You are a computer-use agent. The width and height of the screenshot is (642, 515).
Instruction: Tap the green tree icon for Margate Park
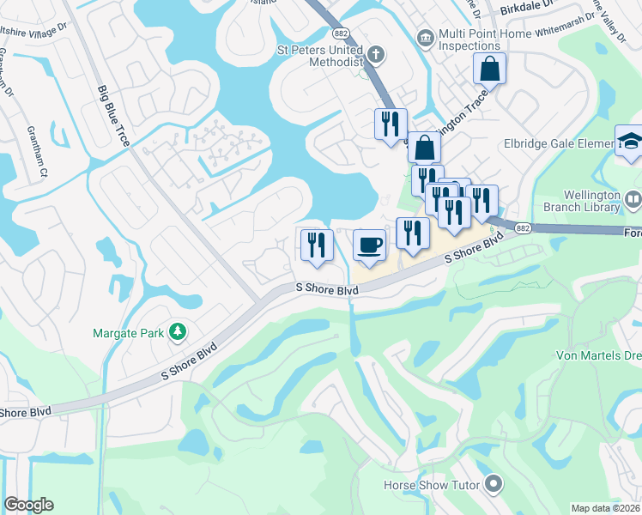coord(177,330)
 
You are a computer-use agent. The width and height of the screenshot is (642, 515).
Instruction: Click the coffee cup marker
coord(368,246)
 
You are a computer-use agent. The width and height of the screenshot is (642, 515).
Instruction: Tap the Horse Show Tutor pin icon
coord(493,485)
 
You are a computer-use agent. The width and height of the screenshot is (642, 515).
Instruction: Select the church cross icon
coord(374,56)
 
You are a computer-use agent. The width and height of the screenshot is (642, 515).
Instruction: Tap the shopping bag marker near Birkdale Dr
coord(488,68)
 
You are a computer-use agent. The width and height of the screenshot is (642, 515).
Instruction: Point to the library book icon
coord(633,201)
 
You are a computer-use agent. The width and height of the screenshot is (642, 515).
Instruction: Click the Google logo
coord(28,505)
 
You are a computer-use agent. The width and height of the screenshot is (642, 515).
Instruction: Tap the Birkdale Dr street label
coord(530,9)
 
